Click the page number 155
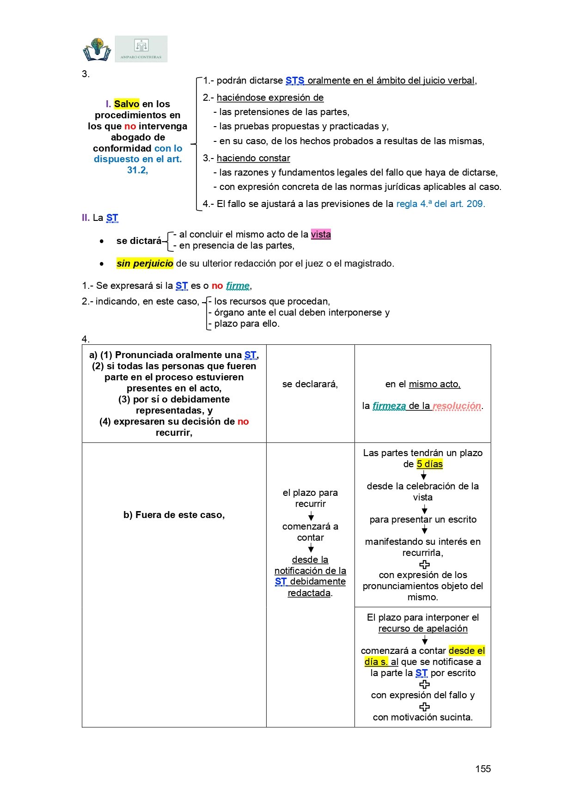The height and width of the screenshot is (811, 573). coord(483,768)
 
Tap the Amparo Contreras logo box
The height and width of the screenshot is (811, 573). coord(141,49)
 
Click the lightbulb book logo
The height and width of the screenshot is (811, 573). coord(97,49)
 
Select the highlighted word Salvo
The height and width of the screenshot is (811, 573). coord(127,104)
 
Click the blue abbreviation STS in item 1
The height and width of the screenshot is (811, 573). coord(295,80)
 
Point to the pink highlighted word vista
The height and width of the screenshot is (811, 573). coord(321,234)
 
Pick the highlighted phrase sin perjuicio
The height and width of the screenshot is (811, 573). coord(145,263)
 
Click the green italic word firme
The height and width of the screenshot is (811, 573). coord(238,286)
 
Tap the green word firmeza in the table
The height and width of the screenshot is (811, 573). coord(389,406)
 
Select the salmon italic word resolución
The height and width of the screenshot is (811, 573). coord(457,406)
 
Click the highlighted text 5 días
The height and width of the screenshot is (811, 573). coord(430,464)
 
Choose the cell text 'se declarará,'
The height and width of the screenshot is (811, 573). coord(310,384)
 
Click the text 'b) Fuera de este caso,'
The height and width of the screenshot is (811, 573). coord(174,515)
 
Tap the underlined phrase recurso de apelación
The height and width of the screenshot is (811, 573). coord(423,628)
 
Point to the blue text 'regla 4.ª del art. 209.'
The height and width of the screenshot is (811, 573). coord(440,204)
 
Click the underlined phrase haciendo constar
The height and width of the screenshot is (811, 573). coord(253,158)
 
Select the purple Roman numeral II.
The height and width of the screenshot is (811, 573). coord(85,218)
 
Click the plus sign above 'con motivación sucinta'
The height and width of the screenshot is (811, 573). coord(424,707)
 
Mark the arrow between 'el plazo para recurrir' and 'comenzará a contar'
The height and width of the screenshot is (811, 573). coord(311,516)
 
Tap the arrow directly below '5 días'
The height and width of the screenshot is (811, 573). coord(424,476)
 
